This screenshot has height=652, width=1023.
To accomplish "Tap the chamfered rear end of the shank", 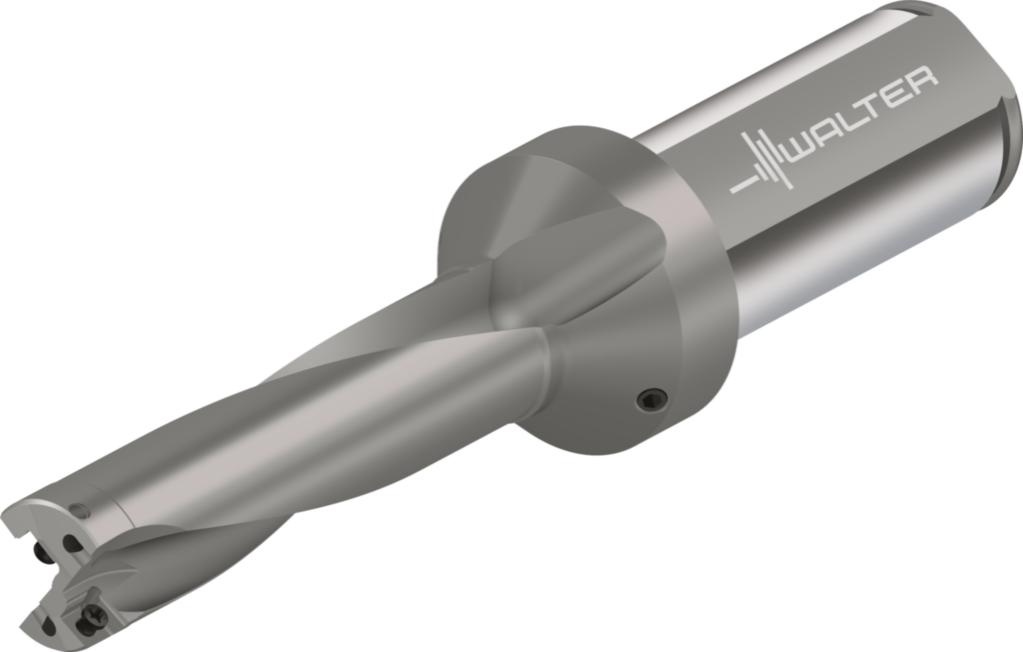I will (1004, 120).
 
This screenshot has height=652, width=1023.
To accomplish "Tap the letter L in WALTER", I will (852, 122).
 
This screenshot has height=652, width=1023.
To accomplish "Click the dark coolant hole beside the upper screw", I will (71, 545).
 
